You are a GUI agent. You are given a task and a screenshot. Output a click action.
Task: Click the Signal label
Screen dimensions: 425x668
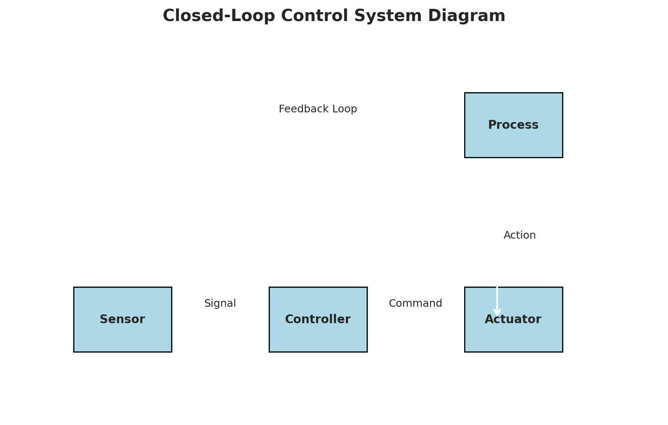220,303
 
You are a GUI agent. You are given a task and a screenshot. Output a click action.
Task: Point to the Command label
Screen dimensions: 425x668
415,303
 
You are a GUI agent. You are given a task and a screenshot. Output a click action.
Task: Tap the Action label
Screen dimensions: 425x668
520,235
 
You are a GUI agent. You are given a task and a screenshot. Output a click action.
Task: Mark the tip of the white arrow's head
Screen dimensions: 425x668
497,316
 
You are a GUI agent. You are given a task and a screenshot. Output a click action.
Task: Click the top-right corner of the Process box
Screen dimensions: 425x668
562,93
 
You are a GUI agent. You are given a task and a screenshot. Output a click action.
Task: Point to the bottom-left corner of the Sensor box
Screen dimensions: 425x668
74,351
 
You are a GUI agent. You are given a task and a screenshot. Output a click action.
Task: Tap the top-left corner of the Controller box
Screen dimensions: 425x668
269,287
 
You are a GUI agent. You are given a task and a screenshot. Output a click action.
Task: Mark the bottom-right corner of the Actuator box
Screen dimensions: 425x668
562,351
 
